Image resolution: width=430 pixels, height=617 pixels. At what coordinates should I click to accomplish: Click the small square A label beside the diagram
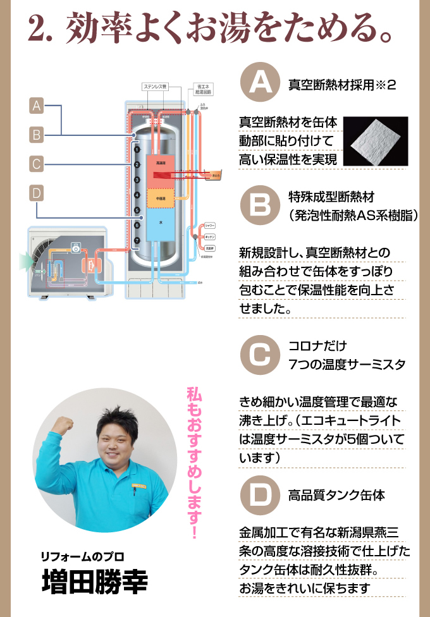(x=37, y=106)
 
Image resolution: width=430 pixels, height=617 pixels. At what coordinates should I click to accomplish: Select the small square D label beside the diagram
(x=37, y=192)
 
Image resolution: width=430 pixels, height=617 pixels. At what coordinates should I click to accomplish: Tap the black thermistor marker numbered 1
(x=137, y=150)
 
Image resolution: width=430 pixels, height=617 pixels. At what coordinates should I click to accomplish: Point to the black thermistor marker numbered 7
(x=137, y=241)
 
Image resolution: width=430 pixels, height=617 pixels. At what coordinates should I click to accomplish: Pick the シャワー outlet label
(x=211, y=225)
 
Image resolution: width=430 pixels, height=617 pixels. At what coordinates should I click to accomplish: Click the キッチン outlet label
(x=211, y=236)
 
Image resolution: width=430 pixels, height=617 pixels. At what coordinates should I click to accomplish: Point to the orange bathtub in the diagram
(x=216, y=174)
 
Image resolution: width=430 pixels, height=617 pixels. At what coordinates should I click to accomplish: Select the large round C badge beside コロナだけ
(x=261, y=355)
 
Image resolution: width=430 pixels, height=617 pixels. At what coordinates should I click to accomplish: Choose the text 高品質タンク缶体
(x=336, y=494)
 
